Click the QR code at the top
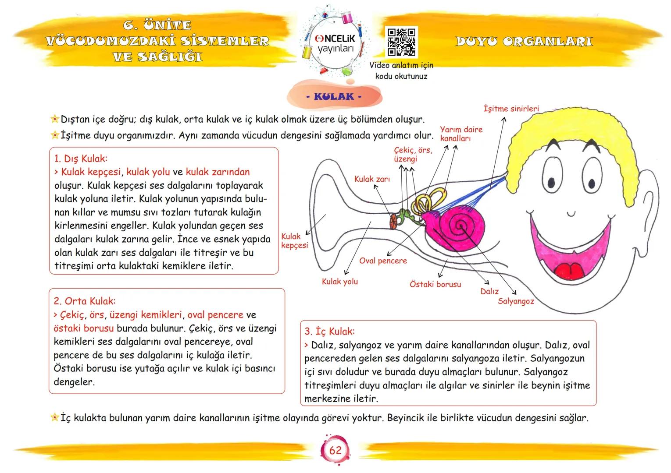coord(401,42)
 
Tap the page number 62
coord(335,450)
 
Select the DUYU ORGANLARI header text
coord(524,42)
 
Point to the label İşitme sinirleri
coord(511,109)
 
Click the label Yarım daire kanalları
coord(460,134)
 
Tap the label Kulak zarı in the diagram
coord(372,179)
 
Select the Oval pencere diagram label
coord(383,261)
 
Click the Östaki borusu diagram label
coord(435,284)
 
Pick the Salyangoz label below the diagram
coord(516,301)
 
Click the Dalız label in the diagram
coord(489,291)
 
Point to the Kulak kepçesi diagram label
coord(294,241)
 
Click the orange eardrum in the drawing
coord(394,221)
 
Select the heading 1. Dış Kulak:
coord(81,158)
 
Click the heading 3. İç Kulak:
coord(329,331)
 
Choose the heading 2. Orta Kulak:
coord(85,301)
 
